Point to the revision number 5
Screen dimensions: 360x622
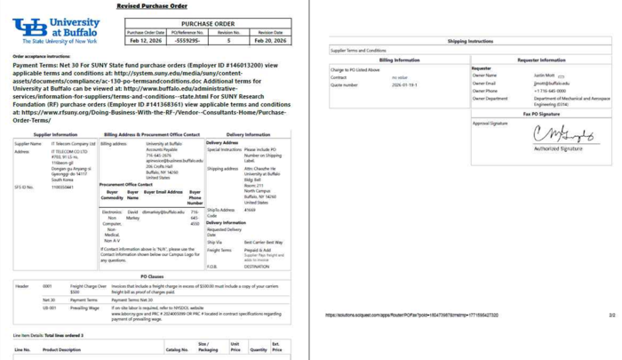click(x=228, y=40)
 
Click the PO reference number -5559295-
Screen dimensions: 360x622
click(x=187, y=40)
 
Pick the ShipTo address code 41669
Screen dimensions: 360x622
click(x=250, y=210)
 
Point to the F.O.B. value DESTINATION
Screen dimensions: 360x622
click(x=257, y=266)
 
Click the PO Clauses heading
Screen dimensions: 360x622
click(x=151, y=276)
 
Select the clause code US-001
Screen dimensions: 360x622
click(x=50, y=308)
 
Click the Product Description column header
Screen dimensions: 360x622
click(x=62, y=349)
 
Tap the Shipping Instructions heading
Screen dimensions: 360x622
click(x=470, y=41)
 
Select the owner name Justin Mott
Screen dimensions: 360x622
click(x=544, y=76)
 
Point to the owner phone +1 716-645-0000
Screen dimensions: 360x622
click(x=550, y=91)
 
